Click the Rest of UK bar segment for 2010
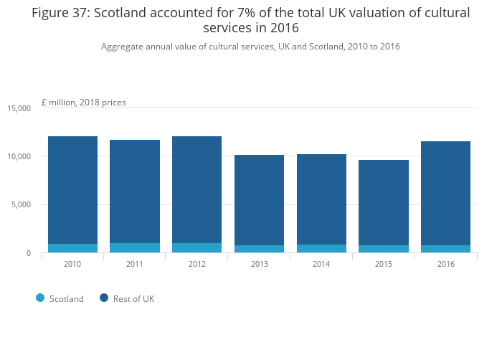pos(72,190)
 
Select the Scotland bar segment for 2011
pos(135,248)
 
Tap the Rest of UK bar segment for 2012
pos(197,190)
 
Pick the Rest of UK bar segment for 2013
pos(260,200)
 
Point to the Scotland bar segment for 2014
pos(322,249)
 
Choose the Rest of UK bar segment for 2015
pos(384,203)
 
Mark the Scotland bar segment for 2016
pos(446,249)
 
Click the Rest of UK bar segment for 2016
pos(446,194)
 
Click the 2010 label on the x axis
pos(72,264)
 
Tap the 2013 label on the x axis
pos(260,264)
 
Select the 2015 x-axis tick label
pos(384,264)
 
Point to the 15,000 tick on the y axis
pos(19,108)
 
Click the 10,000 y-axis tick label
pos(19,156)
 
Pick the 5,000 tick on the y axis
pos(22,205)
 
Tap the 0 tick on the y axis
pos(29,253)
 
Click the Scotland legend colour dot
pos(40,298)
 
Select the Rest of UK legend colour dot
pos(104,298)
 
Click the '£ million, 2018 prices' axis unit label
pos(84,103)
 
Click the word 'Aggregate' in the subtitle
pos(123,47)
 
